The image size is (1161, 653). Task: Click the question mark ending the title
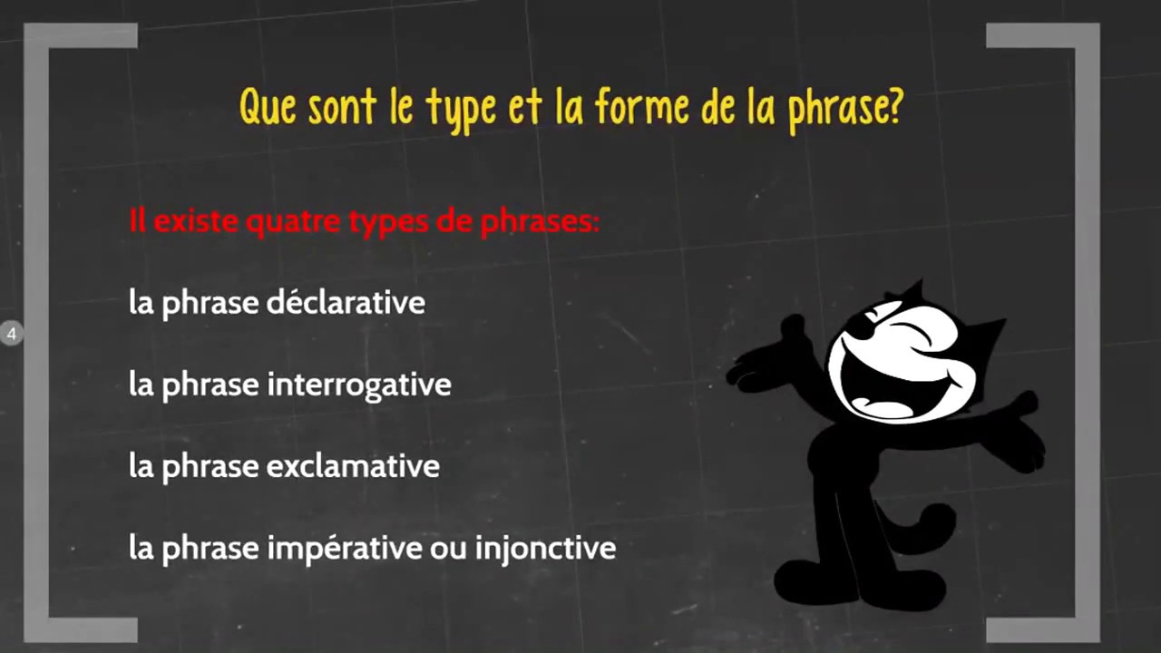tap(893, 107)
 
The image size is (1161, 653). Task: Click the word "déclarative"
tap(346, 302)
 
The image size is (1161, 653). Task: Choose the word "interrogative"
tap(358, 385)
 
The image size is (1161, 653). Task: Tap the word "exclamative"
tap(352, 466)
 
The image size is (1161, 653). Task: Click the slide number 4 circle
tap(11, 334)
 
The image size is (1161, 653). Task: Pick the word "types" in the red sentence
tap(393, 222)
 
